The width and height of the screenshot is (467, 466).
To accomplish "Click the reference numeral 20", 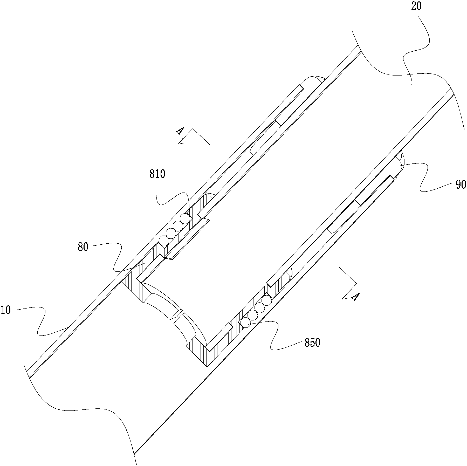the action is click(x=416, y=6).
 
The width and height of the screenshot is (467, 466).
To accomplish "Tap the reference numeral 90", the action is click(x=461, y=185).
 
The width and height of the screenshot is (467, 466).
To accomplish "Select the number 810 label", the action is click(x=157, y=174).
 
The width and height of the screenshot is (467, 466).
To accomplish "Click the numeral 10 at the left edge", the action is click(x=6, y=310).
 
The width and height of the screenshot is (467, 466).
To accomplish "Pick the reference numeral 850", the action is click(x=312, y=343).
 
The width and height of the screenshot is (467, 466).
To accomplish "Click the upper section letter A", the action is click(x=180, y=131).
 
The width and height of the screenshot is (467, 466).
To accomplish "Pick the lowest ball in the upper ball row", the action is click(x=164, y=241).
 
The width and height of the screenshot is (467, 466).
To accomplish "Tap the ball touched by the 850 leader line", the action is click(x=245, y=323).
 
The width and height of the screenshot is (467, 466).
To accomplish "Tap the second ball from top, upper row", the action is click(x=178, y=226).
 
